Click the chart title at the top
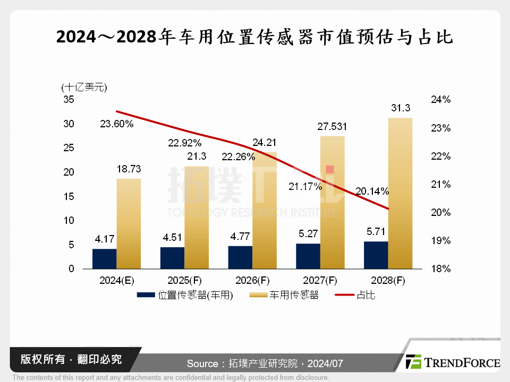tap(254, 37)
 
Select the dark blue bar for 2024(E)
tap(104, 259)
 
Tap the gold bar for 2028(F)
tap(400, 194)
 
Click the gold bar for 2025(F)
tap(197, 218)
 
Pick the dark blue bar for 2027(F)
tap(308, 256)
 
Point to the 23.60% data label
tap(116, 124)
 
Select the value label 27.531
tap(332, 127)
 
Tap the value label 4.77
tap(240, 236)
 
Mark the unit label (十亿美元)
tap(84, 87)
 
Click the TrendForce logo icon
tap(413, 362)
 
